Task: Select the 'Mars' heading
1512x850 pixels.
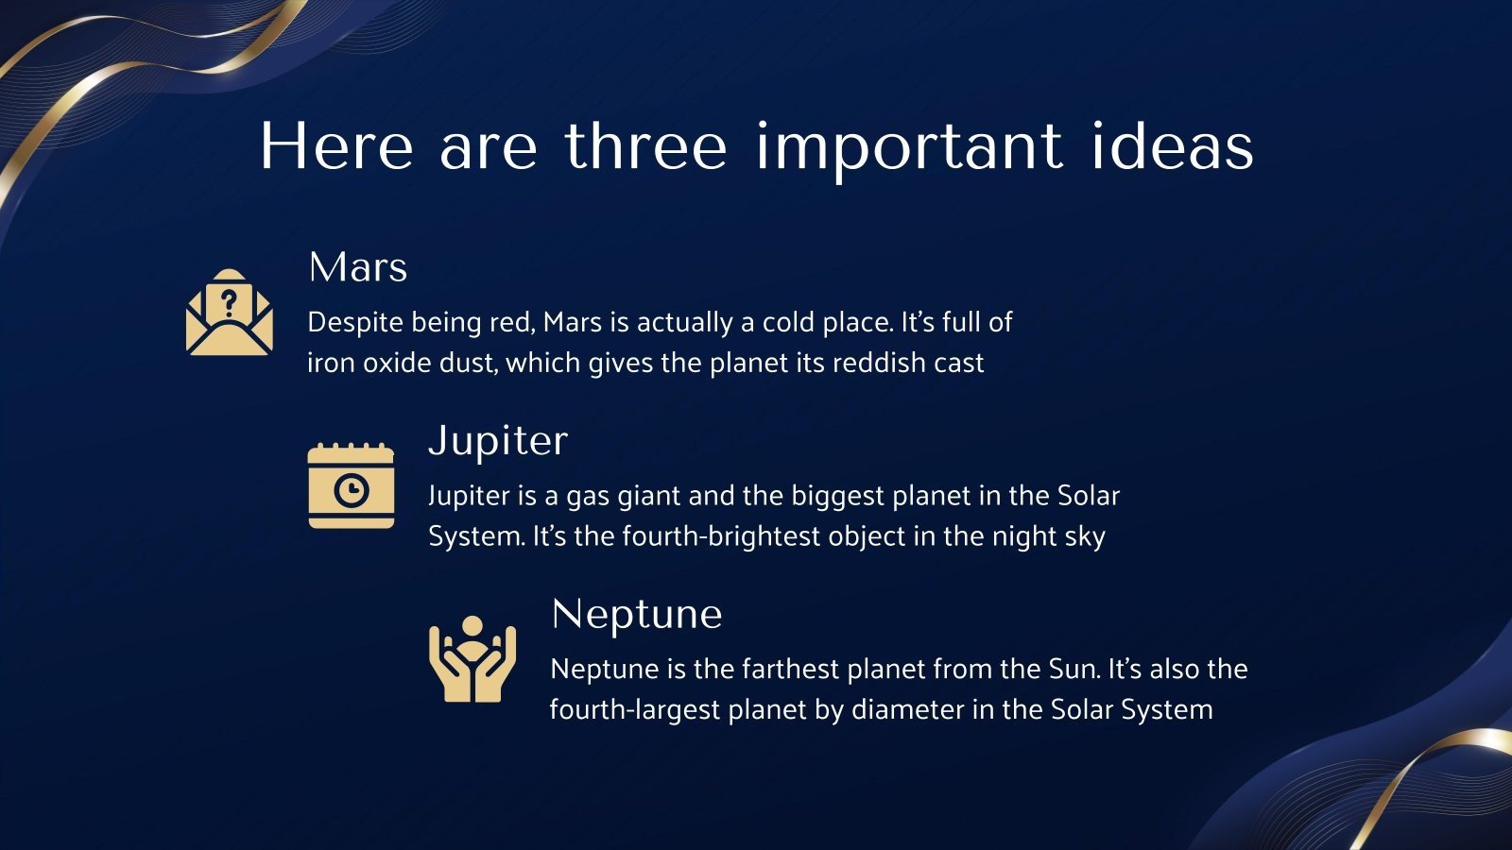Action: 357,267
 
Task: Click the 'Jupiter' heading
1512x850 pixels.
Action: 498,441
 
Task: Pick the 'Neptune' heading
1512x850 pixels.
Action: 636,614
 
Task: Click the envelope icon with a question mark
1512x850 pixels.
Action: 230,313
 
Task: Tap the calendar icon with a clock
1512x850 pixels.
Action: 351,485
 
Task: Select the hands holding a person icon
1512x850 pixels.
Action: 472,659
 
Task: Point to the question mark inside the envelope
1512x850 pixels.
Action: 229,303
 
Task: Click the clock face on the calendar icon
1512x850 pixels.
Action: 352,490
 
